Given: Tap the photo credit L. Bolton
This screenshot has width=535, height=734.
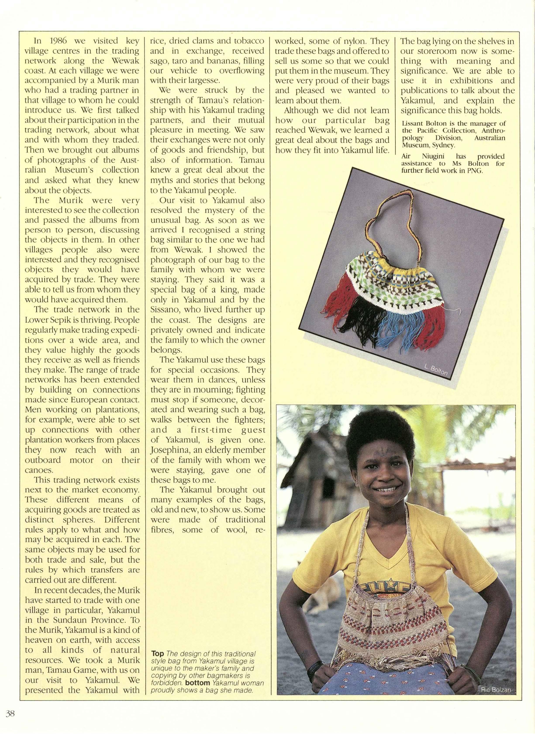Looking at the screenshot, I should [x=436, y=370].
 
